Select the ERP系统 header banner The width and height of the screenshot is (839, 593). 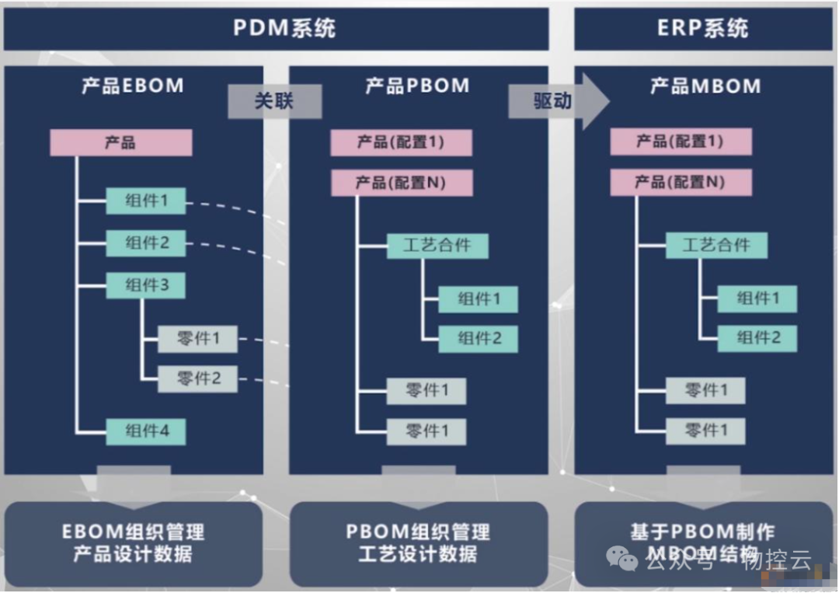pyautogui.click(x=703, y=29)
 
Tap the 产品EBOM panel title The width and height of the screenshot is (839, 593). pyautogui.click(x=133, y=85)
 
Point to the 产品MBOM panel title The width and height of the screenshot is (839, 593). pyautogui.click(x=705, y=85)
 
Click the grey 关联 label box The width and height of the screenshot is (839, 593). pyautogui.click(x=274, y=101)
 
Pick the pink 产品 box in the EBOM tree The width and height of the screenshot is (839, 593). pyautogui.click(x=120, y=143)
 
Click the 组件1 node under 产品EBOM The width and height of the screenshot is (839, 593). pyautogui.click(x=146, y=201)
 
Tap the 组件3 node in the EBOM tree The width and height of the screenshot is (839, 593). pyautogui.click(x=146, y=285)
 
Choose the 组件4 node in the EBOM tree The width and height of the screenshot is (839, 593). pyautogui.click(x=146, y=431)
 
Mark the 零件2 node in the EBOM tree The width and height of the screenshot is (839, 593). pyautogui.click(x=198, y=378)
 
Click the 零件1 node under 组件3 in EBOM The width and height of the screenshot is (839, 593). pyautogui.click(x=198, y=339)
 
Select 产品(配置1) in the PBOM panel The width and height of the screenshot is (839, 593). pyautogui.click(x=401, y=142)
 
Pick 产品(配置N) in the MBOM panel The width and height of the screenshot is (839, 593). pyautogui.click(x=681, y=183)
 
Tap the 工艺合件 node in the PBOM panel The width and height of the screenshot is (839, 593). pyautogui.click(x=437, y=246)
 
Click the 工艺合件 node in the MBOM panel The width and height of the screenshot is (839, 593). pyautogui.click(x=716, y=246)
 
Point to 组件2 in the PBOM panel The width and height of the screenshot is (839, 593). pyautogui.click(x=478, y=338)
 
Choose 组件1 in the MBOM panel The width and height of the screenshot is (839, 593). pyautogui.click(x=757, y=298)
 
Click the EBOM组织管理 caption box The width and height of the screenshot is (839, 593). pyautogui.click(x=133, y=543)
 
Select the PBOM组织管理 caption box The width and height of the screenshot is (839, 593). pyautogui.click(x=418, y=543)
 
